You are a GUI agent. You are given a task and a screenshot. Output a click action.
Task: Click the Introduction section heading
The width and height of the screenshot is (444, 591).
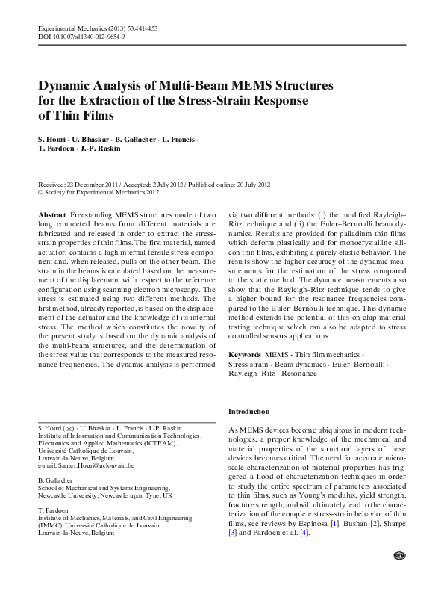[249, 412]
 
